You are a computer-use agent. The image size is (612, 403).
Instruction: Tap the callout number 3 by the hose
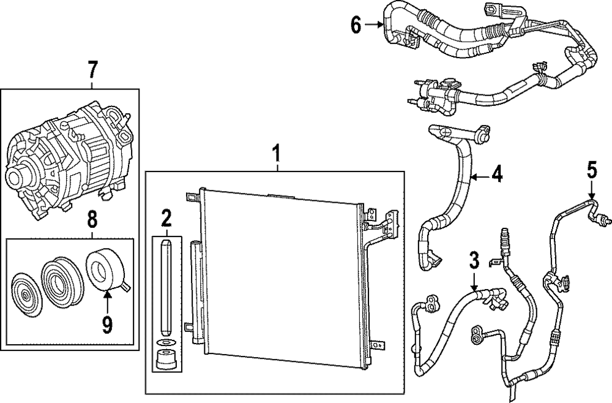(472, 260)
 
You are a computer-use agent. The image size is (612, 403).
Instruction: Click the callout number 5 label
(591, 170)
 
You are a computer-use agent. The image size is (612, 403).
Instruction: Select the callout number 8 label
(91, 217)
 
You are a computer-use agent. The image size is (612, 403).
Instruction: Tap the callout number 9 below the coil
(107, 323)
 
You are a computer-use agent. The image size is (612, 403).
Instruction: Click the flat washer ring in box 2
(165, 342)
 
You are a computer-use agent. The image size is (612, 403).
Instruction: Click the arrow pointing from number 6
(375, 25)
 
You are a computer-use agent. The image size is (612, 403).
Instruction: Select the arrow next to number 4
(479, 176)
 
